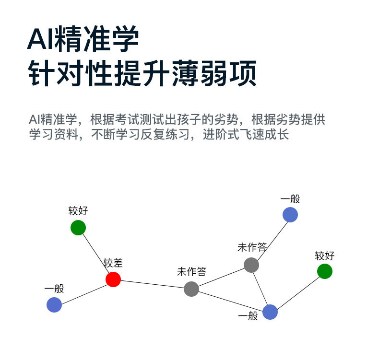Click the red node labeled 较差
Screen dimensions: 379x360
pyautogui.click(x=113, y=279)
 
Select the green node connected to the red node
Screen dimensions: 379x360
pyautogui.click(x=78, y=227)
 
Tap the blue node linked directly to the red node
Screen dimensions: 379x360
pyautogui.click(x=54, y=304)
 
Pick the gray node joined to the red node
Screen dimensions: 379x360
pyautogui.click(x=191, y=289)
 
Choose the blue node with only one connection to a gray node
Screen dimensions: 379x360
pyautogui.click(x=290, y=214)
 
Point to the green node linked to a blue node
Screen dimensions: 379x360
pyautogui.click(x=325, y=271)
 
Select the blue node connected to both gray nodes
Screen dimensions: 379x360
pyautogui.click(x=270, y=312)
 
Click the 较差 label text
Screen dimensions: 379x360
pyautogui.click(x=113, y=263)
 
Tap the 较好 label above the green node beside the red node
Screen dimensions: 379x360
pyautogui.click(x=78, y=211)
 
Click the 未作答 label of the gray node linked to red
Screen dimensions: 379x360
pyautogui.click(x=191, y=272)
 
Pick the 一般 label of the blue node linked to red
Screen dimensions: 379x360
pyautogui.click(x=54, y=289)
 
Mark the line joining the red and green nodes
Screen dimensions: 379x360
pyautogui.click(x=96, y=253)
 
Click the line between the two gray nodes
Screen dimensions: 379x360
pyautogui.click(x=221, y=277)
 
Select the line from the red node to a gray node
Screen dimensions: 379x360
pyautogui.click(x=152, y=284)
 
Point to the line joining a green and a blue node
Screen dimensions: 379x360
pyautogui.click(x=297, y=291)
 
